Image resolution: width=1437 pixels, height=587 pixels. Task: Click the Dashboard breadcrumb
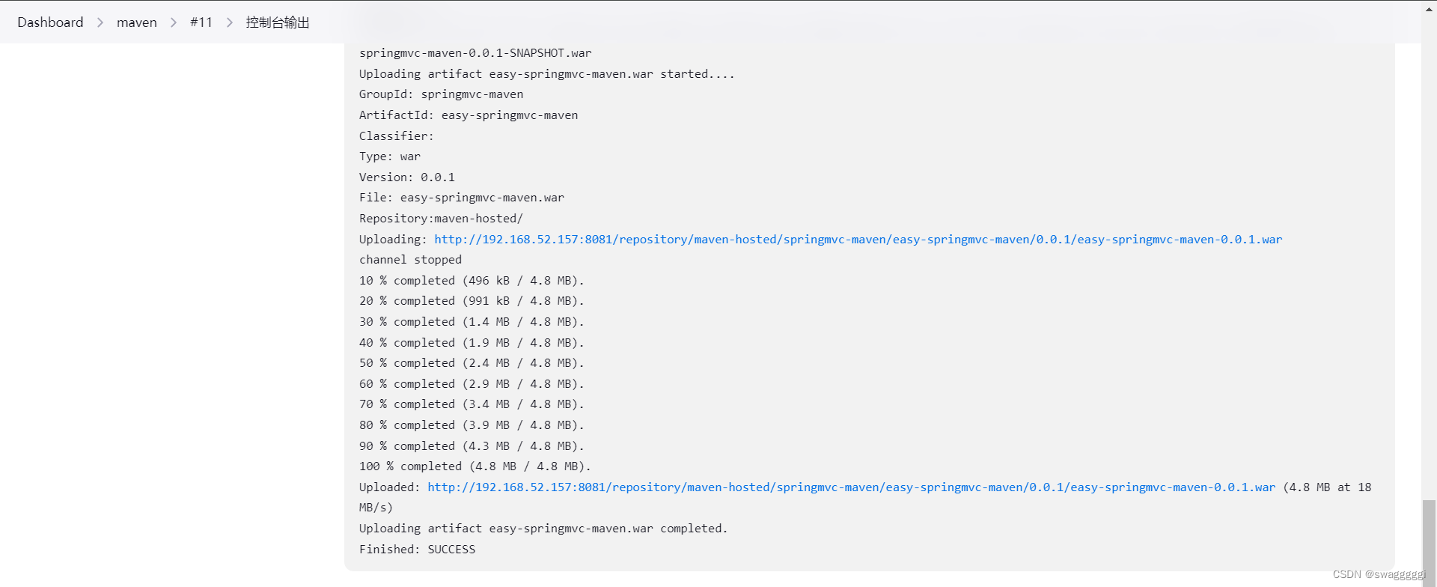50,22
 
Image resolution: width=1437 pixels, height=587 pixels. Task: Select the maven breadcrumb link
137,22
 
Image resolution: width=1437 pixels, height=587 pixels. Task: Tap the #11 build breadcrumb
201,22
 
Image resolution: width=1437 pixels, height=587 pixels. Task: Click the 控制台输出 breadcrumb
277,22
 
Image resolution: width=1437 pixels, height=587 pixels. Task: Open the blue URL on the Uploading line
858,240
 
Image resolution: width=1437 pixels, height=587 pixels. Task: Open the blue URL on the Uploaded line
851,487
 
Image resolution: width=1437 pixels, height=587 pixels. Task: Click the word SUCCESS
451,550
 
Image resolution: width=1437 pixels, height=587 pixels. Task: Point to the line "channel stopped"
410,260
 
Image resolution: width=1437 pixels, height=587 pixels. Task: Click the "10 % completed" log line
471,281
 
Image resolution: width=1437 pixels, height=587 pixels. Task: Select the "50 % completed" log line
471,363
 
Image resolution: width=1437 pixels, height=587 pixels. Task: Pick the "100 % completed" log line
475,466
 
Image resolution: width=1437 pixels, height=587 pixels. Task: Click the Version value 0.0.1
438,177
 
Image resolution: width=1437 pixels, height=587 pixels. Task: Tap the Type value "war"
410,156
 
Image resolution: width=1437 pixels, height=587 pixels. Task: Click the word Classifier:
396,136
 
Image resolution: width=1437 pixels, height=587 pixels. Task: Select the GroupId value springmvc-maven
472,94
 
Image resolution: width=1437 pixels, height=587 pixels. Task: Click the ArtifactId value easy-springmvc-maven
510,115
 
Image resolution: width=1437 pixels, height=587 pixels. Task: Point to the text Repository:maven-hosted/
441,219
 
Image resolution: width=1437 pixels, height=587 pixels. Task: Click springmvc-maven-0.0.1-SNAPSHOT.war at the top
475,53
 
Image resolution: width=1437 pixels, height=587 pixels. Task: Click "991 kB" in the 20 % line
489,301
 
